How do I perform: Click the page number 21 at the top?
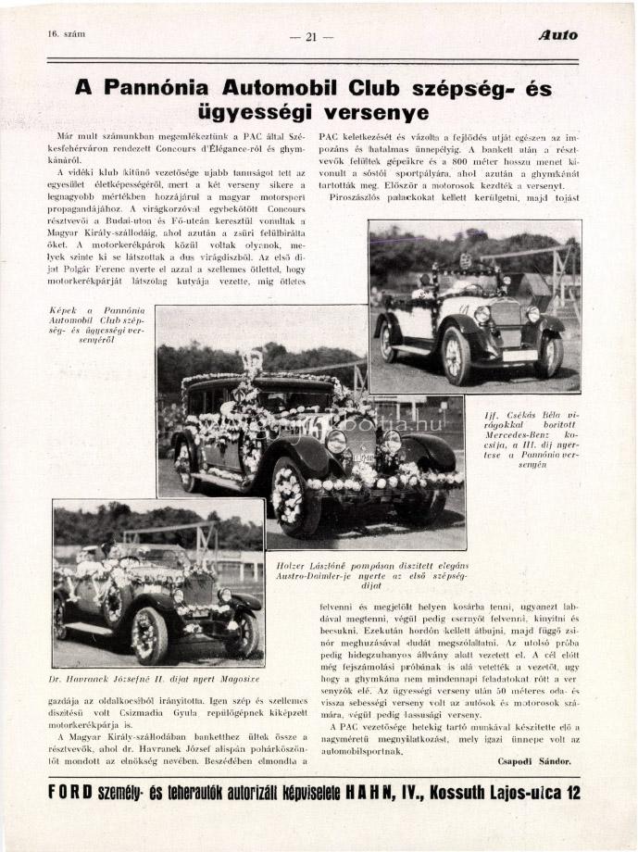(311, 37)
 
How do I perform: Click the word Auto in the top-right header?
(557, 35)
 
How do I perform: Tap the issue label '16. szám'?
(66, 34)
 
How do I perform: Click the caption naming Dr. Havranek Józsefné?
(158, 680)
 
